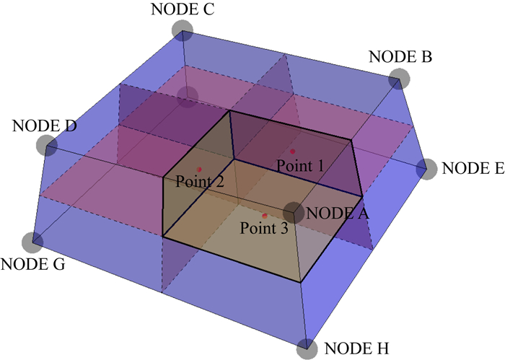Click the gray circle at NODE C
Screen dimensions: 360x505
tap(183, 30)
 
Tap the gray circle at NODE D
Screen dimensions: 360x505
tap(47, 145)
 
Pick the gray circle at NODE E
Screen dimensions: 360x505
tap(428, 169)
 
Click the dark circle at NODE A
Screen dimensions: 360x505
tap(294, 212)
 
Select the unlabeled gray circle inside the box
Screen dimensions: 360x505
tap(188, 96)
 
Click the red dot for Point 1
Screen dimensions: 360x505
tap(292, 152)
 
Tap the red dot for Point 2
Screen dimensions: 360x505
tap(199, 169)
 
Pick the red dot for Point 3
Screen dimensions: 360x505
tap(265, 216)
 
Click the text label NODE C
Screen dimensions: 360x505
tap(182, 9)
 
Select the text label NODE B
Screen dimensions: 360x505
tap(400, 56)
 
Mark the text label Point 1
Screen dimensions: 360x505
tap(300, 165)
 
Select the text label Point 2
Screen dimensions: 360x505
tap(199, 182)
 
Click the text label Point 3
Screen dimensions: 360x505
tap(264, 229)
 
